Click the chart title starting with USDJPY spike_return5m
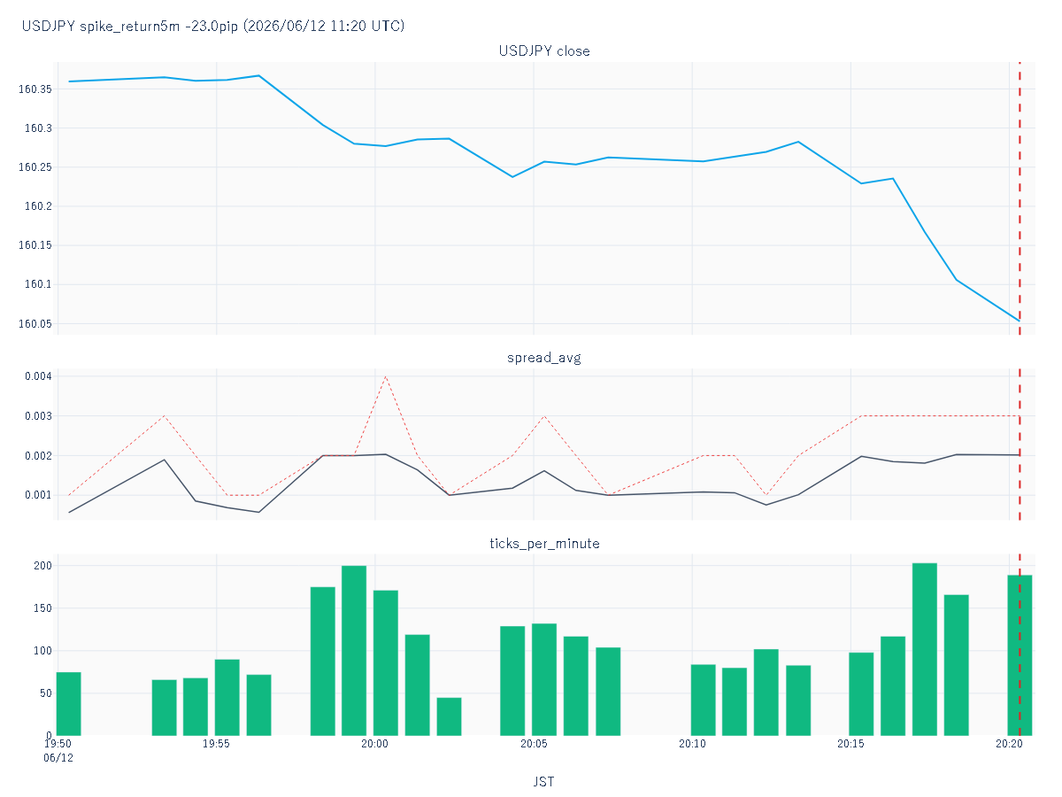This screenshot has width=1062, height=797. (x=213, y=26)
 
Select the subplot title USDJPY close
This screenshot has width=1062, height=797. (x=543, y=50)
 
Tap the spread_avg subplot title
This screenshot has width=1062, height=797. (x=543, y=358)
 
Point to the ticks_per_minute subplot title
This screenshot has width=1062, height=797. (x=544, y=544)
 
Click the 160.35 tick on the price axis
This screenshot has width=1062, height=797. (x=35, y=89)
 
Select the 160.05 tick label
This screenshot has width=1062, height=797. (x=35, y=324)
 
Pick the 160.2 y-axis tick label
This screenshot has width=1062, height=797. (x=38, y=206)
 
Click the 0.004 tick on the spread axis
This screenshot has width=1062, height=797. (x=38, y=376)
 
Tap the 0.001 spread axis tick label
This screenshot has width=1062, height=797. (x=38, y=495)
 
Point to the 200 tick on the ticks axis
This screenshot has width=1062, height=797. (x=42, y=566)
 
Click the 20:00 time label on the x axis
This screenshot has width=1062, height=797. (x=374, y=744)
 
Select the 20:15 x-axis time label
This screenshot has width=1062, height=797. (x=850, y=744)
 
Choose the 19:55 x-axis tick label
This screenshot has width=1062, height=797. (x=216, y=744)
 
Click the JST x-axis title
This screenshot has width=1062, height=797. (x=543, y=782)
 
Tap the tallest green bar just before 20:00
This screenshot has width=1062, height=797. (x=354, y=651)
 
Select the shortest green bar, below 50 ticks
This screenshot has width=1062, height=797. (x=449, y=716)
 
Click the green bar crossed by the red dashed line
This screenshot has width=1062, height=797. (x=1020, y=655)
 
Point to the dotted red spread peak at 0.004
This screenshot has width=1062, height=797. (x=386, y=376)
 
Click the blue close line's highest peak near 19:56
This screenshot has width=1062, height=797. (x=258, y=76)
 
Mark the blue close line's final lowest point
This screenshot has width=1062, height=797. (x=1019, y=321)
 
